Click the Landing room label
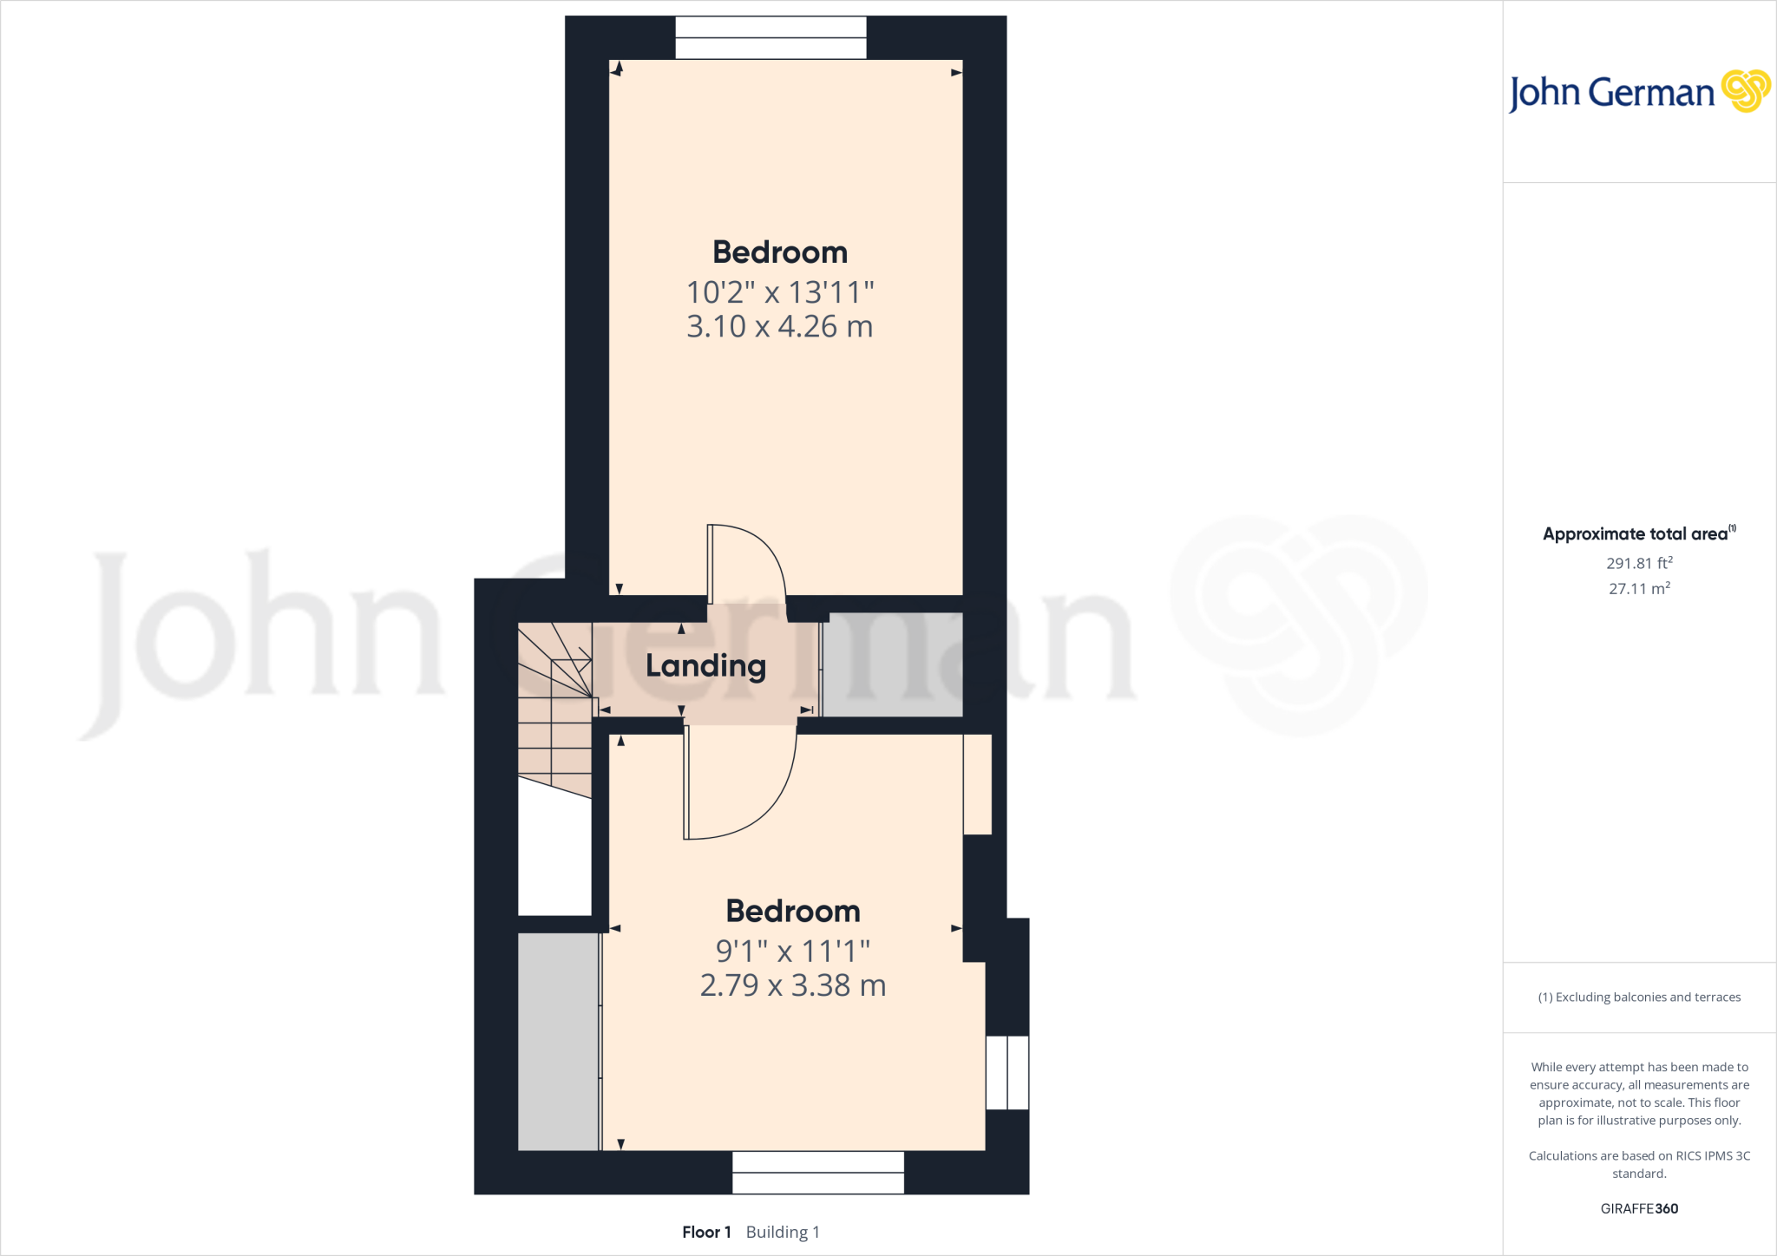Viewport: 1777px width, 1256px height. pos(705,666)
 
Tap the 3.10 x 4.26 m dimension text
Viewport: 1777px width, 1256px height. pos(779,327)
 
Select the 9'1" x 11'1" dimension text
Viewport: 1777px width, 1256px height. pos(792,952)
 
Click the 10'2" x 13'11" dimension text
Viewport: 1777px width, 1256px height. pos(779,292)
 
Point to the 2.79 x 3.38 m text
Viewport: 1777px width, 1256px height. pos(792,986)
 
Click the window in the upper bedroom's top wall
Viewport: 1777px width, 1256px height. pos(770,38)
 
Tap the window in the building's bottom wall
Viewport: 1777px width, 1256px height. pos(817,1172)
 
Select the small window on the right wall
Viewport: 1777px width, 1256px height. pos(1007,1072)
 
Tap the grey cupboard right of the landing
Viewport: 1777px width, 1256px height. pos(892,665)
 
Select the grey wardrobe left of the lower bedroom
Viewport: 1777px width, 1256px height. pos(558,1041)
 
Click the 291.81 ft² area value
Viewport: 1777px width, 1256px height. pos(1639,563)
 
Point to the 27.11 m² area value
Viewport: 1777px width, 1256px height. pos(1639,588)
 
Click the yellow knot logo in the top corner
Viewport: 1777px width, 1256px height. pos(1745,91)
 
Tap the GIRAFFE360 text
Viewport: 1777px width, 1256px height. pos(1639,1208)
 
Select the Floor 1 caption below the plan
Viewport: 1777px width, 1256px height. pos(706,1232)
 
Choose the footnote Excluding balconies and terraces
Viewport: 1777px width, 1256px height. pos(1639,998)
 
